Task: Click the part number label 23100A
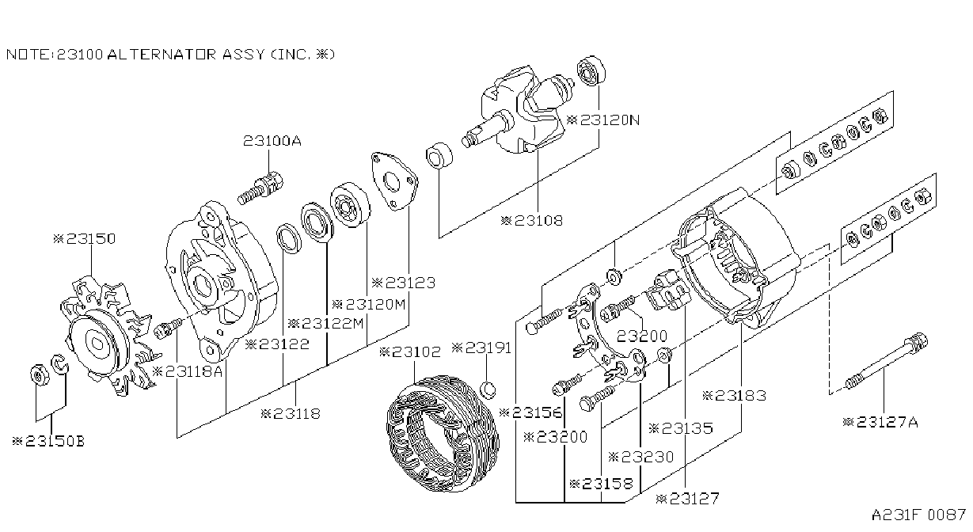(272, 141)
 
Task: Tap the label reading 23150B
(48, 441)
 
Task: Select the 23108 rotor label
(532, 221)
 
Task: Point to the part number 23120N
(604, 120)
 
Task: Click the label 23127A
(880, 422)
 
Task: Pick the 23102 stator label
(410, 351)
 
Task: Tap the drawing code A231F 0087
(918, 515)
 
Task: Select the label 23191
(481, 348)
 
